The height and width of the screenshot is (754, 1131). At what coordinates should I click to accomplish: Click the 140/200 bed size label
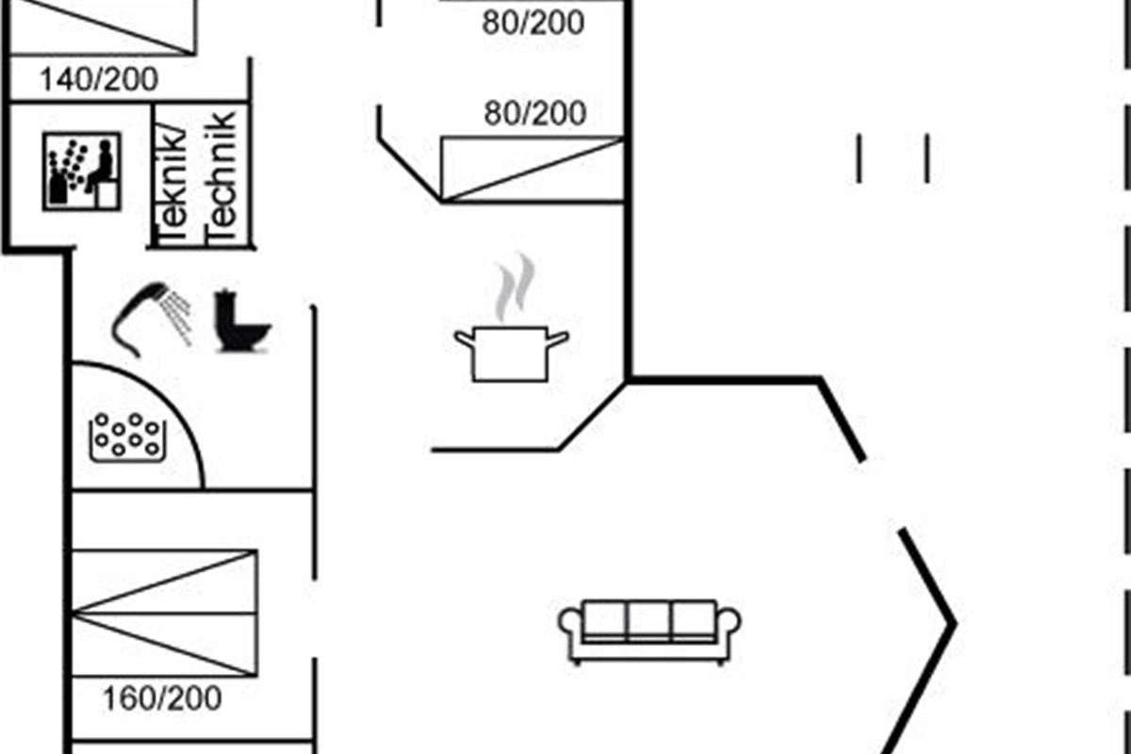[98, 79]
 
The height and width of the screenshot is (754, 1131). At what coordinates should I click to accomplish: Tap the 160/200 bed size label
[162, 698]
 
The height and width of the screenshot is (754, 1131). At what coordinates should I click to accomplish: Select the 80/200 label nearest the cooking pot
[534, 114]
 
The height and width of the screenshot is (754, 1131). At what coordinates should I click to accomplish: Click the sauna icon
[82, 171]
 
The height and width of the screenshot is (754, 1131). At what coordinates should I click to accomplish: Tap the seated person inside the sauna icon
[101, 166]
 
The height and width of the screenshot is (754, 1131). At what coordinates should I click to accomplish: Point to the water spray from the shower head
[176, 313]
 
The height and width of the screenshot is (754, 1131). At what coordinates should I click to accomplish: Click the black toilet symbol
[240, 322]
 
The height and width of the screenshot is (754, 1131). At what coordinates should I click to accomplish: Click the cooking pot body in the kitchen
[510, 355]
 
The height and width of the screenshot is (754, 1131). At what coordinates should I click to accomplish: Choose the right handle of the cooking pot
[558, 336]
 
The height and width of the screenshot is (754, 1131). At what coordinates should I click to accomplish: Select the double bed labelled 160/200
[164, 613]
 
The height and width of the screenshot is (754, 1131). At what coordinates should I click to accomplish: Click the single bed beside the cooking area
[533, 169]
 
